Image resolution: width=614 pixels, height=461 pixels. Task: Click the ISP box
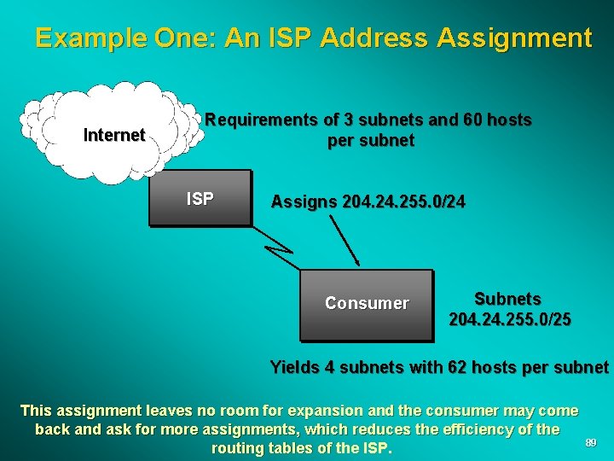click(x=200, y=198)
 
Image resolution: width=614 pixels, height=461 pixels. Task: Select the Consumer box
click(x=367, y=304)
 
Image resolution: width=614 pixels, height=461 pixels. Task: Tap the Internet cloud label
click(x=113, y=135)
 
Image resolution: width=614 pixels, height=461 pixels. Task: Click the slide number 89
click(x=590, y=442)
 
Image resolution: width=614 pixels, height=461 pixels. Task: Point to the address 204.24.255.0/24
click(x=403, y=202)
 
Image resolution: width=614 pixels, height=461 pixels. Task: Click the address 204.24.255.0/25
click(x=510, y=320)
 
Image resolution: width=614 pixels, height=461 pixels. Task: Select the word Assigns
click(x=304, y=202)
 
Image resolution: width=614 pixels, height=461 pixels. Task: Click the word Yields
click(x=293, y=368)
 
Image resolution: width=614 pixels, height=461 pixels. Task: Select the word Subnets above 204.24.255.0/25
click(x=507, y=299)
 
